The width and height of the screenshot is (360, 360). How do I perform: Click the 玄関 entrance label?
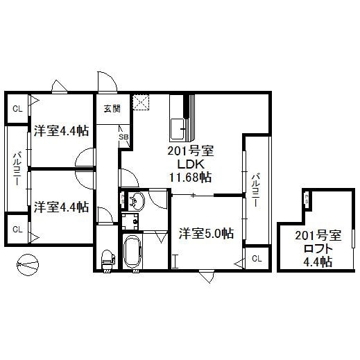pos(112,108)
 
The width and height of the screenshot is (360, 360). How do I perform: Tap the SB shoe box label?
pos(123,137)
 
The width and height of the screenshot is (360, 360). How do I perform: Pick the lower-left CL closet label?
pos(17,229)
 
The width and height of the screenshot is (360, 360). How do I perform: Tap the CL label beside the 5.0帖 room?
pos(256,258)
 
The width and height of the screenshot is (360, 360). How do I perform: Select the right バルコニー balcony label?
pos(256,189)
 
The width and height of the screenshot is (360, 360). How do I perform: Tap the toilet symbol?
pos(107,259)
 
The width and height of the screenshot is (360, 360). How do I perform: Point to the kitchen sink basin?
pos(178,128)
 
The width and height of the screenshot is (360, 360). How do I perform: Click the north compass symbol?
pos(28,264)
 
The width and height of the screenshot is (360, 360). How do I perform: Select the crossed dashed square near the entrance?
pos(144,102)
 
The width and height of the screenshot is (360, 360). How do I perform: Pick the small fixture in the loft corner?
pos(306,200)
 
